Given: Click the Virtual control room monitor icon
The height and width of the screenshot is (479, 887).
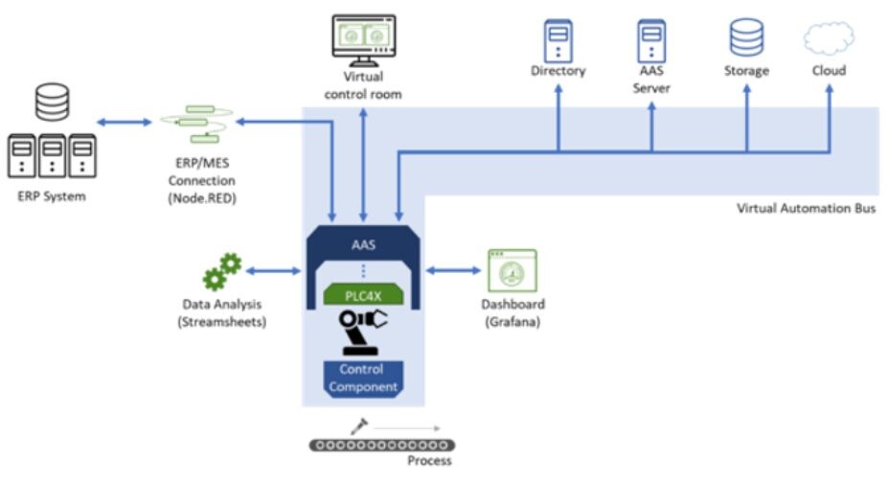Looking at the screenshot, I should tap(363, 39).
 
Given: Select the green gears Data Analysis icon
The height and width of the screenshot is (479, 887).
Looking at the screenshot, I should tap(221, 272).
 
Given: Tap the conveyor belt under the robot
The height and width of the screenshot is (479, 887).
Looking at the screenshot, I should tap(381, 445).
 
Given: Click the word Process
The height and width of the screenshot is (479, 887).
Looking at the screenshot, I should tap(428, 461).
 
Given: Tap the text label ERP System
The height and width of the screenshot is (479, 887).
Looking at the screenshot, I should tap(52, 196).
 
